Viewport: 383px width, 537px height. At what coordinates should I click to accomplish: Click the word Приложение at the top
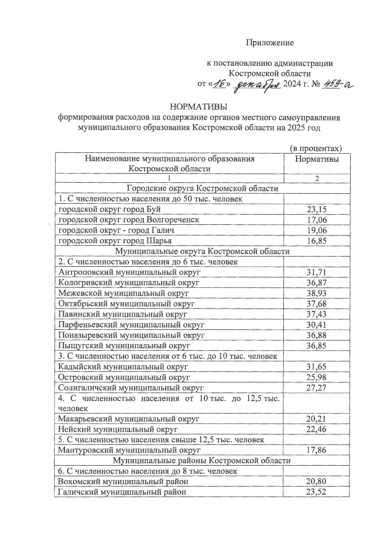[270, 43]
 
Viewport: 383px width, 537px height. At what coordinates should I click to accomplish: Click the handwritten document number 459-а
[339, 84]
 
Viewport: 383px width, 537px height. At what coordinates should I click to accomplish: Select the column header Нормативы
[317, 159]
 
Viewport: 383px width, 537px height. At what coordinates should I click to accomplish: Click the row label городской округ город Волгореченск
[129, 220]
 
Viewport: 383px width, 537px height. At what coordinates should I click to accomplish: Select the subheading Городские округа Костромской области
[202, 188]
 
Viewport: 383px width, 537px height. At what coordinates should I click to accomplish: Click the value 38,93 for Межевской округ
[317, 293]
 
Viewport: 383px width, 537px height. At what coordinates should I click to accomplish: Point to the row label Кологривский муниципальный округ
[129, 283]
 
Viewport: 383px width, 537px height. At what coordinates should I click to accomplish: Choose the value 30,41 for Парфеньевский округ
[317, 325]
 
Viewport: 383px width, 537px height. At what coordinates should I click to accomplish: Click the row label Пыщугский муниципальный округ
[124, 345]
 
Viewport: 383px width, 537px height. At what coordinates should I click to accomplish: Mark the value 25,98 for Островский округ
[317, 377]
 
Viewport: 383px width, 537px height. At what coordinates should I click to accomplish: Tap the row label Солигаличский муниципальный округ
[131, 388]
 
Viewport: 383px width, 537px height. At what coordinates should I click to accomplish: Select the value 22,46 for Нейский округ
[316, 429]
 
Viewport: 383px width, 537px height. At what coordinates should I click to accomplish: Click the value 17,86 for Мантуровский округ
[316, 450]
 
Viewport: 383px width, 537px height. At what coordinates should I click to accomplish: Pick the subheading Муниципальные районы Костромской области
[202, 461]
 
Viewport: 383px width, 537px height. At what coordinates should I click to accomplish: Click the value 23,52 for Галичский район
[316, 492]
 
